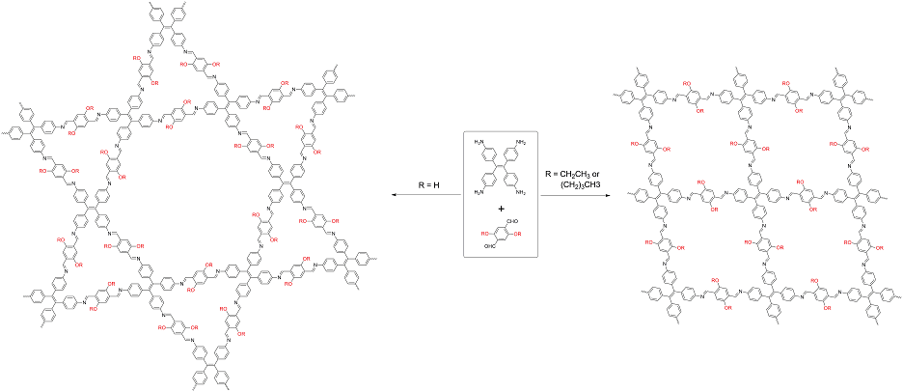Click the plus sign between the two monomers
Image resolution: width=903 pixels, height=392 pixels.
(501, 208)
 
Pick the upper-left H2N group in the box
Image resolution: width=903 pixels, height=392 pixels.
(479, 143)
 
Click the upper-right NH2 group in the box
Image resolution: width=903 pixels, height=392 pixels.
(522, 143)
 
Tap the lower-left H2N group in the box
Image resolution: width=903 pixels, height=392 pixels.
(479, 193)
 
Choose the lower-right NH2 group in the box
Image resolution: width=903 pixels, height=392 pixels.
(522, 193)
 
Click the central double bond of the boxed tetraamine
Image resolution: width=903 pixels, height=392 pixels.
(501, 168)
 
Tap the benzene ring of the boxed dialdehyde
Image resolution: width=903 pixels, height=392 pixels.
(502, 234)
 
